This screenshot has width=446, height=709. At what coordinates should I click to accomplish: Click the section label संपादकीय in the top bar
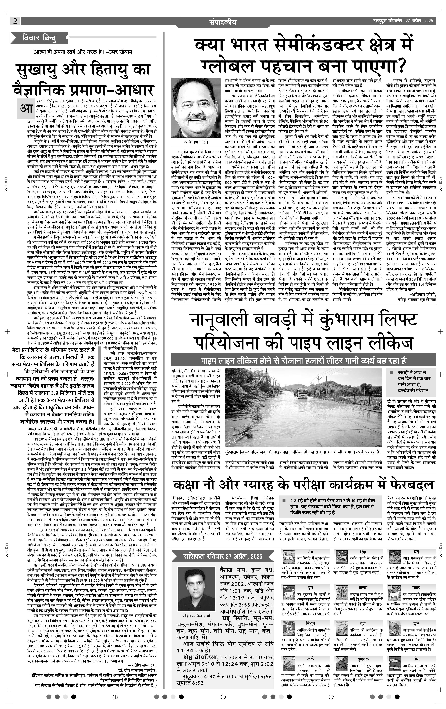click(x=223, y=22)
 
